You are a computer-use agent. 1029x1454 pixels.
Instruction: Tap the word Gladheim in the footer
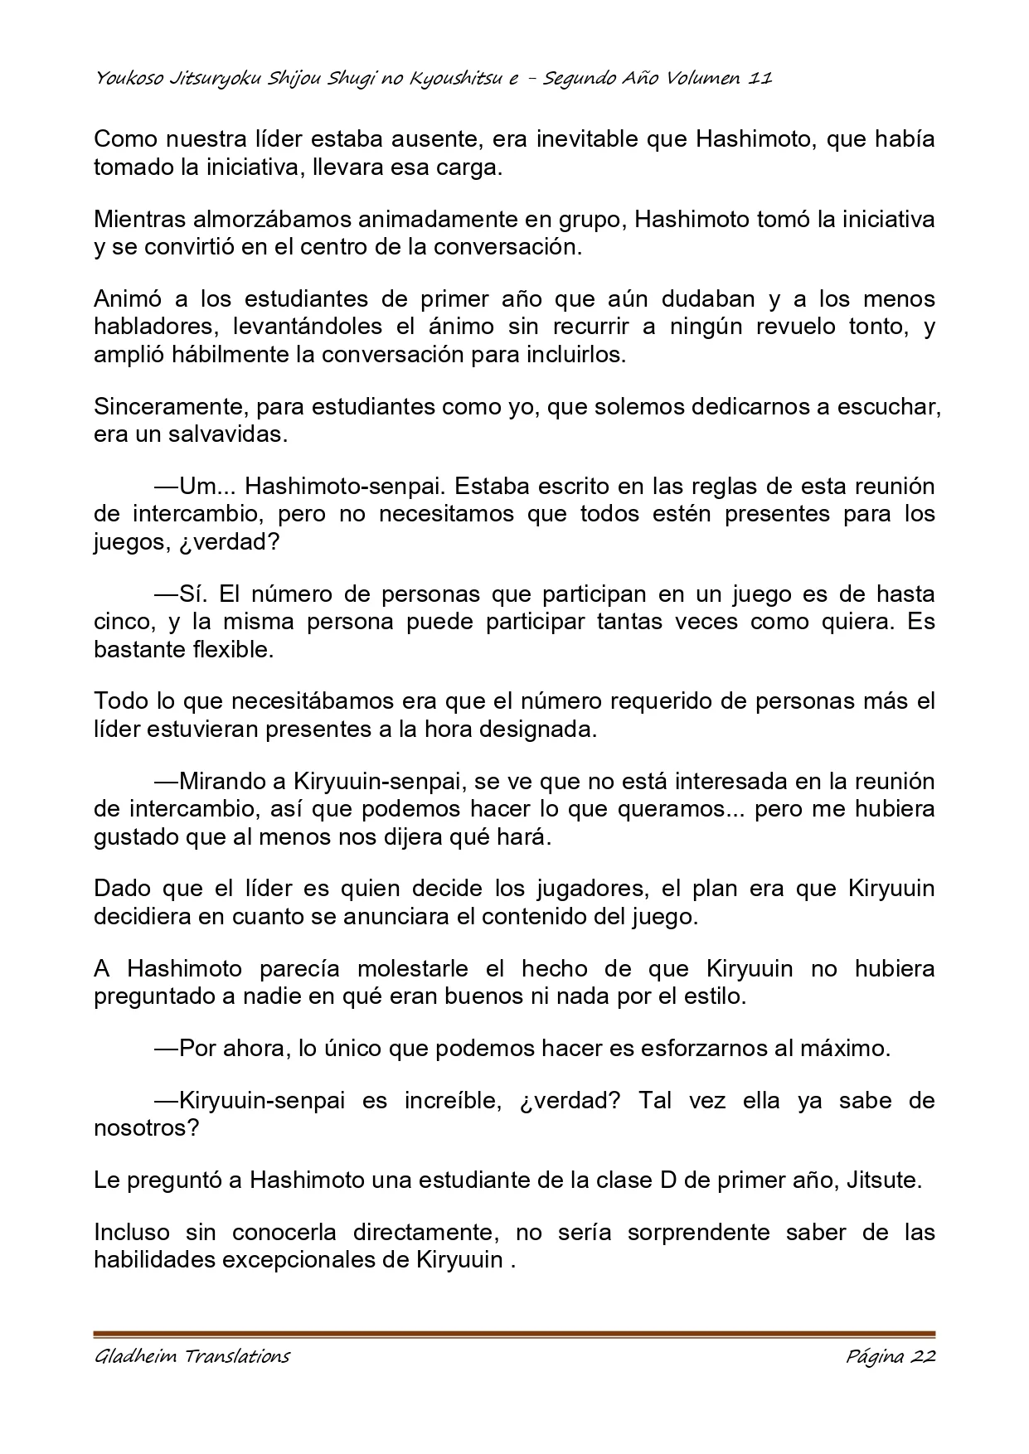pyautogui.click(x=132, y=1356)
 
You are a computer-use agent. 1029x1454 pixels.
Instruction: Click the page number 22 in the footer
pyautogui.click(x=922, y=1356)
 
